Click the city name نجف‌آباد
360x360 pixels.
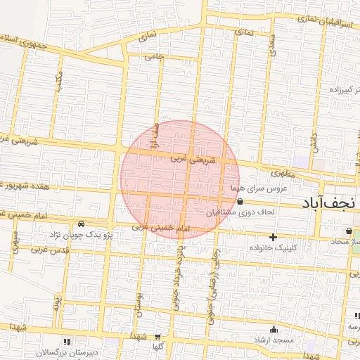[330, 204]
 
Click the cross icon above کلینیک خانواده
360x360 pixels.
[274, 237]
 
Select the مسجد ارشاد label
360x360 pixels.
[274, 340]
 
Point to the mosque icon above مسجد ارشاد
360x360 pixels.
[274, 329]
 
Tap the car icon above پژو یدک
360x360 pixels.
[82, 223]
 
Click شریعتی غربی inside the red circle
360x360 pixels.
[189, 160]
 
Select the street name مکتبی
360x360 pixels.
[59, 84]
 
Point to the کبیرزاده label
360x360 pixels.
[345, 91]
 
